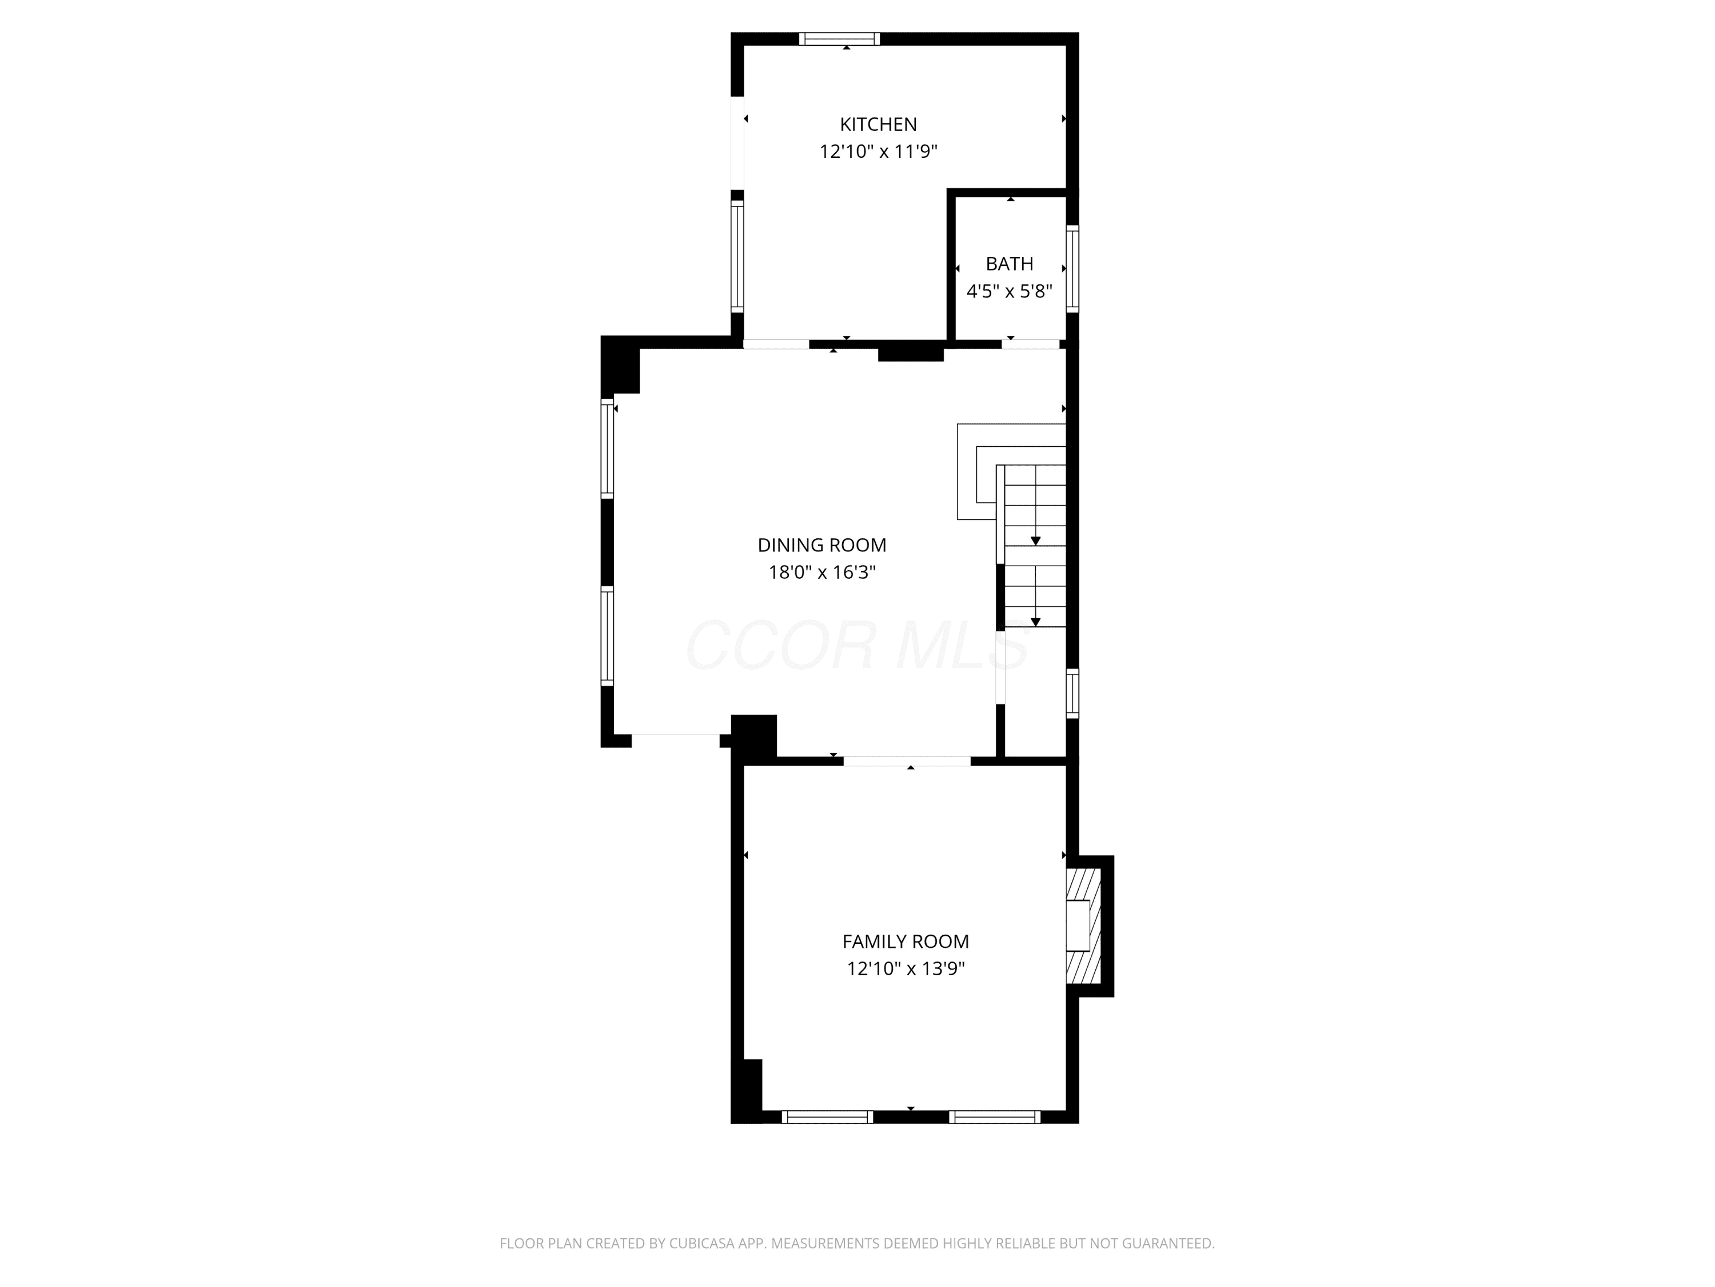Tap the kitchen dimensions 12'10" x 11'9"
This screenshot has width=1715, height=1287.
tap(879, 151)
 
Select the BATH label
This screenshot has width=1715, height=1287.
tap(1010, 264)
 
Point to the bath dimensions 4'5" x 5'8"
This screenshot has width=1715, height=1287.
tap(1010, 292)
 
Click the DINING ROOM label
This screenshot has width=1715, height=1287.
tap(822, 545)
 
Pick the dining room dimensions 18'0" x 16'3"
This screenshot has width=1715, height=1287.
tap(822, 573)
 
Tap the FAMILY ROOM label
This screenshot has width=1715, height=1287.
tap(906, 942)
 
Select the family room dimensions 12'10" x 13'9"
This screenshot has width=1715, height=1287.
tap(906, 969)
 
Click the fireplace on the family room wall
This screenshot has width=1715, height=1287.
tap(1084, 926)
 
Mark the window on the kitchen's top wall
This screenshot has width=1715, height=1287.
tap(840, 39)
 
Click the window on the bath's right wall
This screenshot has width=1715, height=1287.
tap(1072, 268)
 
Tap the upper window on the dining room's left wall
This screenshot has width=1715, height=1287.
tap(607, 448)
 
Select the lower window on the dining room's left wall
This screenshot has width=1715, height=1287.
tap(607, 636)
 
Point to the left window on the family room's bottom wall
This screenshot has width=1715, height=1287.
tap(827, 1117)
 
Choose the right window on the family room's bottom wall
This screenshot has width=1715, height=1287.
tap(995, 1117)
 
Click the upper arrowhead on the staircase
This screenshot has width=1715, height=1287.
tap(1036, 541)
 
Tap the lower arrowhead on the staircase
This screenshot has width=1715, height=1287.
tap(1036, 622)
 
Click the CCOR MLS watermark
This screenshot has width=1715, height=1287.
tap(857, 645)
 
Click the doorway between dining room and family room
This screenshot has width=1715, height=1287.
tap(907, 761)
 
